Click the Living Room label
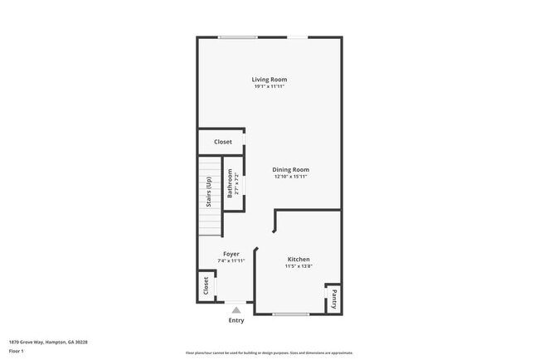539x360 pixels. pyautogui.click(x=269, y=80)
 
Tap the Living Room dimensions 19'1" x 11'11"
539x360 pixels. pyautogui.click(x=269, y=86)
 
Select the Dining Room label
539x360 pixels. pyautogui.click(x=291, y=170)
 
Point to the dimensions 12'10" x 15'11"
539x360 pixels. pyautogui.click(x=291, y=177)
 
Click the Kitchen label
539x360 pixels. pyautogui.click(x=299, y=260)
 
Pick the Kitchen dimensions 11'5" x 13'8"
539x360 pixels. pyautogui.click(x=299, y=266)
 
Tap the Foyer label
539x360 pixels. pyautogui.click(x=231, y=254)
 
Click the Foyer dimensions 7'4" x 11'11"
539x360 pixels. pyautogui.click(x=231, y=260)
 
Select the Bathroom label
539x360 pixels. pyautogui.click(x=231, y=183)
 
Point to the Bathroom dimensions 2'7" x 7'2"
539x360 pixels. pyautogui.click(x=237, y=183)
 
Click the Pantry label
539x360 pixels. pyautogui.click(x=333, y=297)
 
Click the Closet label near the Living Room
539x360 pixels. pyautogui.click(x=223, y=142)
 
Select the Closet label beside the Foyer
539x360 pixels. pyautogui.click(x=206, y=286)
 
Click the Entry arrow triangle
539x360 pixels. pyautogui.click(x=236, y=309)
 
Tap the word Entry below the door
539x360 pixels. pyautogui.click(x=236, y=320)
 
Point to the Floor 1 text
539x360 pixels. pyautogui.click(x=17, y=351)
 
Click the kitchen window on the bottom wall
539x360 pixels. pyautogui.click(x=291, y=314)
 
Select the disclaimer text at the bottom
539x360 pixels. pyautogui.click(x=269, y=352)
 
